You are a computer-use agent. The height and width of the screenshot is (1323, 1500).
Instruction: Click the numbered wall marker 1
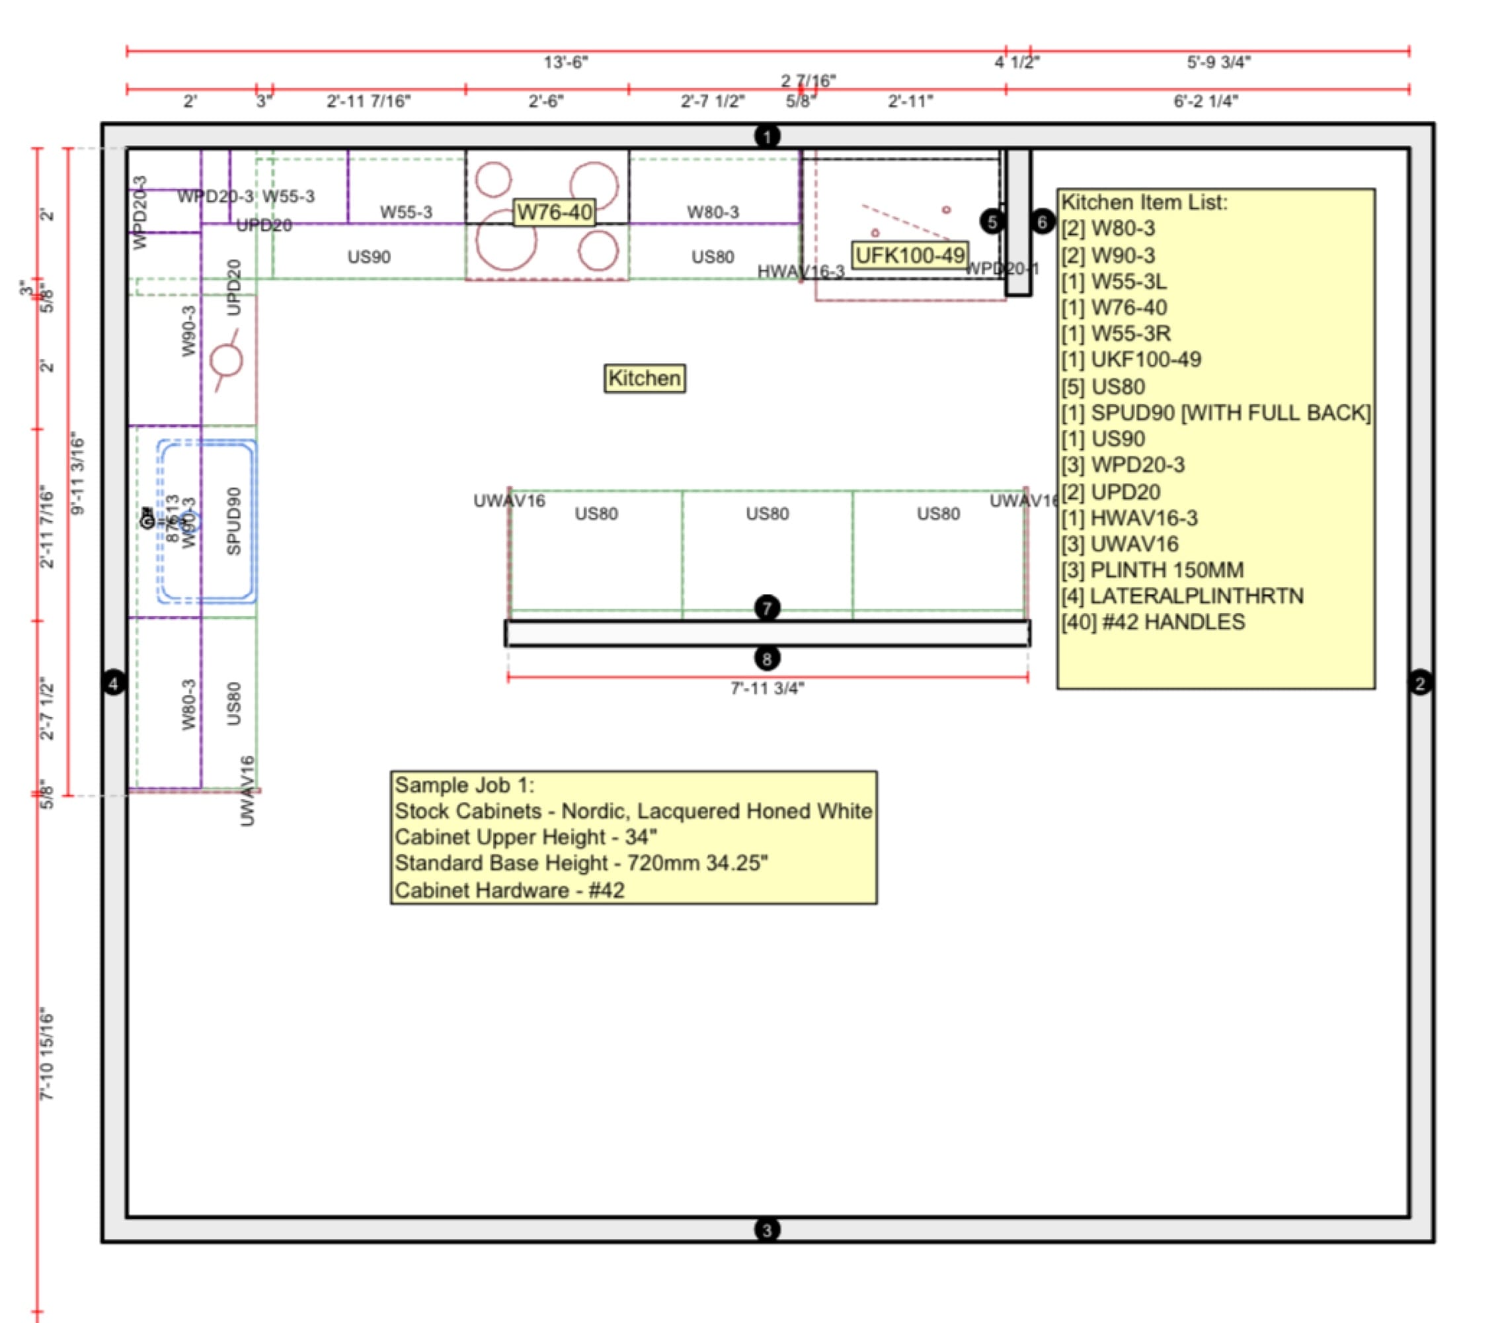tap(767, 136)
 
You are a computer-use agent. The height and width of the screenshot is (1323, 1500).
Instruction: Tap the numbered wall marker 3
tap(767, 1230)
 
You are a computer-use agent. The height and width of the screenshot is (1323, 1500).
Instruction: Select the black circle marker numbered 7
tap(767, 608)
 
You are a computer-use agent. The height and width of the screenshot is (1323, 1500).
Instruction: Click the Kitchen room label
tap(645, 378)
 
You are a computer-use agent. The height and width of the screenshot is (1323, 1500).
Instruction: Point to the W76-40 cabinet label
tap(554, 212)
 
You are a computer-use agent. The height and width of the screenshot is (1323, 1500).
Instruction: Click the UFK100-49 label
tap(910, 255)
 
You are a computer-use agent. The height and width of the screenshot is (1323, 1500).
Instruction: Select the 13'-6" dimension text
tap(566, 62)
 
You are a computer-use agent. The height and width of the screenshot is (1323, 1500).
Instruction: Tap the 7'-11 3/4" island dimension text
tap(767, 688)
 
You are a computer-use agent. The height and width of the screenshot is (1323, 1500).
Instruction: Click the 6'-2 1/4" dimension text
tap(1206, 101)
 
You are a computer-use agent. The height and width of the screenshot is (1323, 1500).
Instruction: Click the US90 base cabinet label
tap(368, 257)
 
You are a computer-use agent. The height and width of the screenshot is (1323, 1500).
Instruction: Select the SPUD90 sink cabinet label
tap(234, 521)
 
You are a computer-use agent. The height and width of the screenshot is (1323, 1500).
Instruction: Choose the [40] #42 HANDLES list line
tap(1153, 622)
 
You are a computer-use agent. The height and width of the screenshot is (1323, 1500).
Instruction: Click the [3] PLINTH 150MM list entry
tap(1152, 570)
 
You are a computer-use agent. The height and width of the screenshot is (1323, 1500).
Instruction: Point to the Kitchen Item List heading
tap(1144, 202)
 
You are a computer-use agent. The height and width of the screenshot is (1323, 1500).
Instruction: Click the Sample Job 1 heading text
tap(465, 785)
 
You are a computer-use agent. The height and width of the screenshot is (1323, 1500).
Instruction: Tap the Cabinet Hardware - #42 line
tap(509, 890)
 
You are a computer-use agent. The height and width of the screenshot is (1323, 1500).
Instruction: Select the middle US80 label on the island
tap(767, 514)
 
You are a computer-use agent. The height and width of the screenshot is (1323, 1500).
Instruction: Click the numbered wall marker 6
tap(1042, 221)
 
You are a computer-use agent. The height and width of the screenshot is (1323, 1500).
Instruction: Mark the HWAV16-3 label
tap(801, 272)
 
